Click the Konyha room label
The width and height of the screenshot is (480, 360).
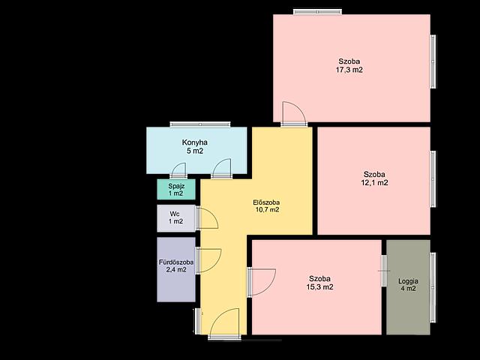pos(195,142)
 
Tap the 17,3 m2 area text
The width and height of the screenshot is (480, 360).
pos(349,70)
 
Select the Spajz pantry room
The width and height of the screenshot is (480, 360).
pos(176,190)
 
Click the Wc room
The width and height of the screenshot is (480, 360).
pos(176,218)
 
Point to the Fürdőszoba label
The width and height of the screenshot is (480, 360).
pos(176,262)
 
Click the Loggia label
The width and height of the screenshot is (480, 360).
pos(408,281)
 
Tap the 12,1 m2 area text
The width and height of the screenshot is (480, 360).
pos(374,183)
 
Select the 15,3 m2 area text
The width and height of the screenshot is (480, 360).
pos(320,287)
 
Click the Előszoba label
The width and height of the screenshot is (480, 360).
pos(266,202)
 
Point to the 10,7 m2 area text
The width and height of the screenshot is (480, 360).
pos(267,210)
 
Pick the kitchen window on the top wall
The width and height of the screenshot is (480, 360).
pos(200,124)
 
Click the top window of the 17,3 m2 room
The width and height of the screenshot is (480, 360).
pos(317,12)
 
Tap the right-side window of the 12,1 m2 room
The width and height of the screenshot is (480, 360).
pos(433,178)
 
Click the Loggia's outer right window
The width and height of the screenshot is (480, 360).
pos(433,287)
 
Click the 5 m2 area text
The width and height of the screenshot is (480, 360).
pos(195,151)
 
